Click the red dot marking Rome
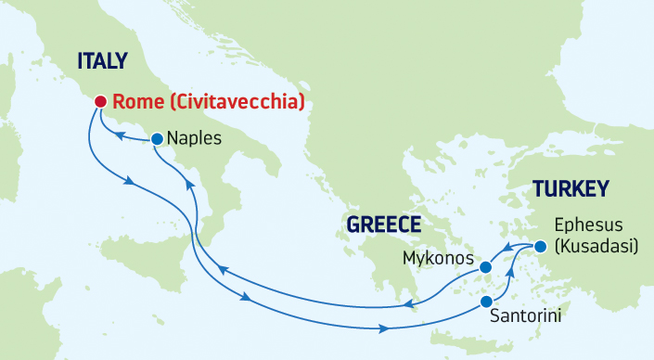(x=99, y=101)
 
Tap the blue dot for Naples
(x=156, y=139)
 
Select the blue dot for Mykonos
(x=483, y=267)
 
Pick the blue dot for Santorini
(x=485, y=302)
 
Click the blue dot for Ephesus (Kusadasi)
(x=540, y=246)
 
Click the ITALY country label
(x=102, y=62)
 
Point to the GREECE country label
(x=383, y=225)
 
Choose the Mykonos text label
(x=438, y=257)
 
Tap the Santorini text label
(x=525, y=317)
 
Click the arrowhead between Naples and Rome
(x=121, y=138)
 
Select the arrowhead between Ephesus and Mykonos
(x=509, y=249)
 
